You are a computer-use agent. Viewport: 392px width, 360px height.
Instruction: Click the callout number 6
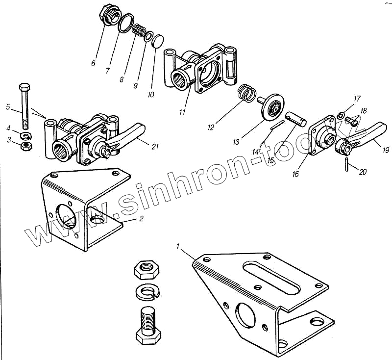click(x=93, y=63)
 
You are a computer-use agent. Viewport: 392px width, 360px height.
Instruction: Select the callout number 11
click(x=182, y=112)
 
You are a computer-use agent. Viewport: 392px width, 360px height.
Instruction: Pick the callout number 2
click(x=141, y=219)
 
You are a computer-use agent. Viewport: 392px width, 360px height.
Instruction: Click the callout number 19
click(x=387, y=150)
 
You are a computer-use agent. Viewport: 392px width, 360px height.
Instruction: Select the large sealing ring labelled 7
click(x=126, y=23)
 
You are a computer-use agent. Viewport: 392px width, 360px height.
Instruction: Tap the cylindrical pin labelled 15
click(x=296, y=119)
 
